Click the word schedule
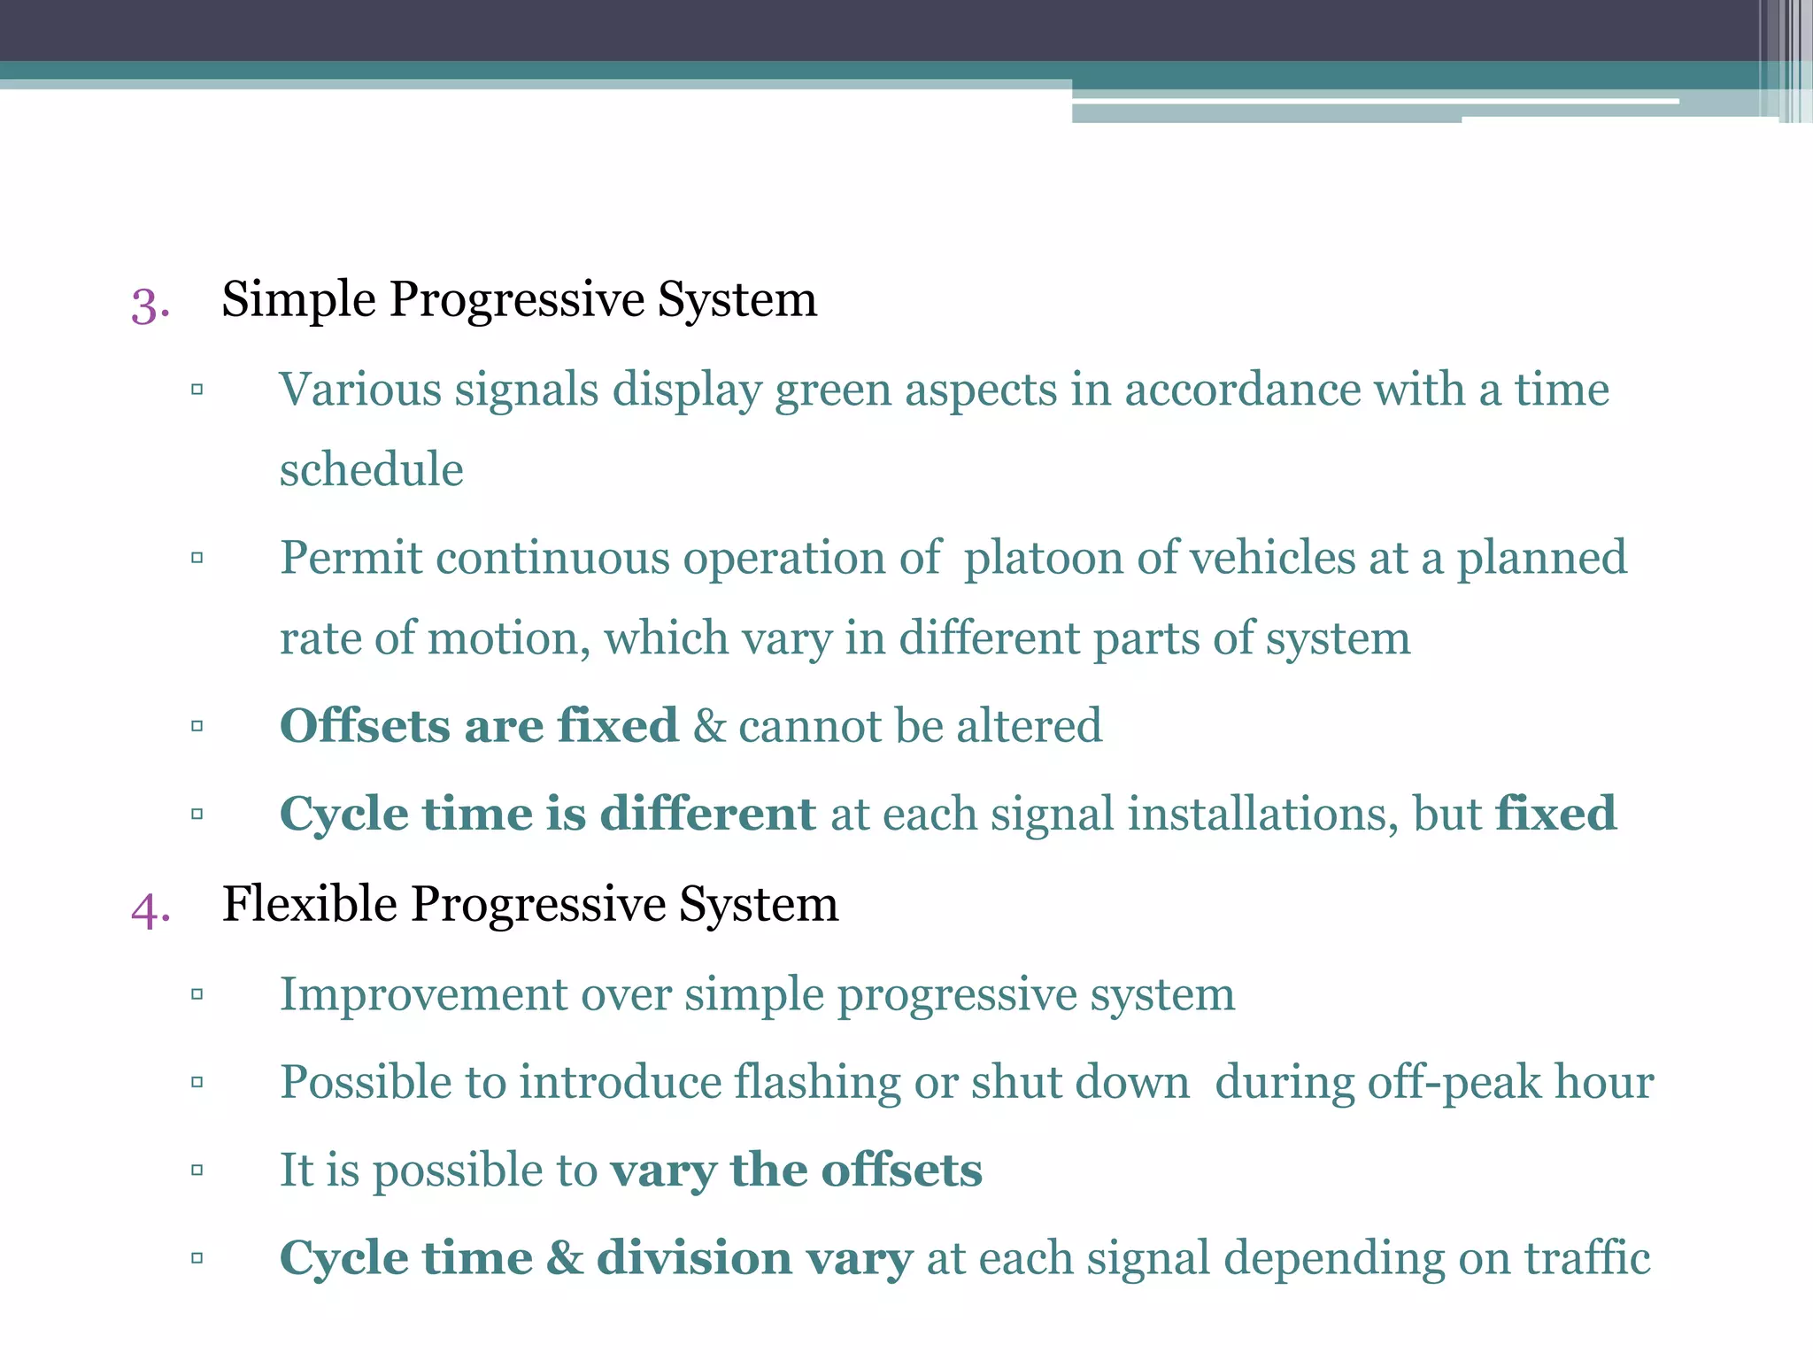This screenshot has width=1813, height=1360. (x=371, y=469)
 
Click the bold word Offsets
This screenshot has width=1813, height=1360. (x=364, y=726)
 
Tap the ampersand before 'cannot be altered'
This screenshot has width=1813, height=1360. (x=708, y=726)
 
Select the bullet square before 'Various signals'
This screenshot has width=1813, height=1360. (x=197, y=390)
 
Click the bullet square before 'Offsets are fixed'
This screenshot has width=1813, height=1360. (x=197, y=726)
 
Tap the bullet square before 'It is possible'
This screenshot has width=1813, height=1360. (x=197, y=1171)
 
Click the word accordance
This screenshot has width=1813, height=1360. (x=1242, y=390)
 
